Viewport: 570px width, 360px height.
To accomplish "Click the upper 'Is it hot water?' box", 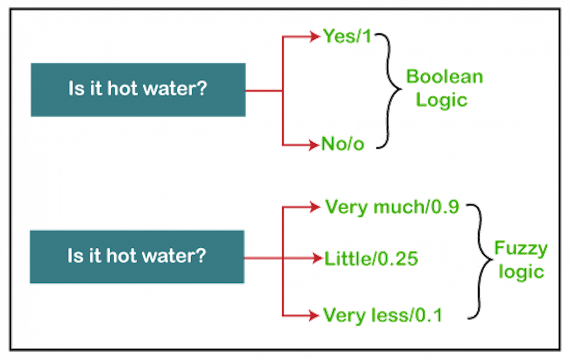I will point(138,90).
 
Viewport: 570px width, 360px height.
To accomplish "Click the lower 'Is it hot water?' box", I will point(137,257).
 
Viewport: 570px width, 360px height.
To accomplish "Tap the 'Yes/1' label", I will point(347,36).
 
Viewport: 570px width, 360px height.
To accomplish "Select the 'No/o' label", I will point(343,143).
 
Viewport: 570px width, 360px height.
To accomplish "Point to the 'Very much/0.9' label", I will point(392,207).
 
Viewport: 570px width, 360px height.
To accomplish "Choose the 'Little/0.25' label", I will point(371,258).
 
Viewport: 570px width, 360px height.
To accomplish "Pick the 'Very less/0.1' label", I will point(383,315).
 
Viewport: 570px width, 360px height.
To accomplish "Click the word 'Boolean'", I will point(445,77).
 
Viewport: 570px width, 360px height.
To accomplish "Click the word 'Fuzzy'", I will point(521,248).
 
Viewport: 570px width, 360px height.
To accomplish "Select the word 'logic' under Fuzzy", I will point(521,272).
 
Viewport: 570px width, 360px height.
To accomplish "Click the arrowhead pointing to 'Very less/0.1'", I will point(314,315).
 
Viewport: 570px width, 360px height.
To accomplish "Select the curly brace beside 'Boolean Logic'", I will point(391,90).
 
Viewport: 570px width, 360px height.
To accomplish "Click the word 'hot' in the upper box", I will point(123,89).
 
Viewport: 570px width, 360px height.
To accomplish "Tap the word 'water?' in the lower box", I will point(180,256).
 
